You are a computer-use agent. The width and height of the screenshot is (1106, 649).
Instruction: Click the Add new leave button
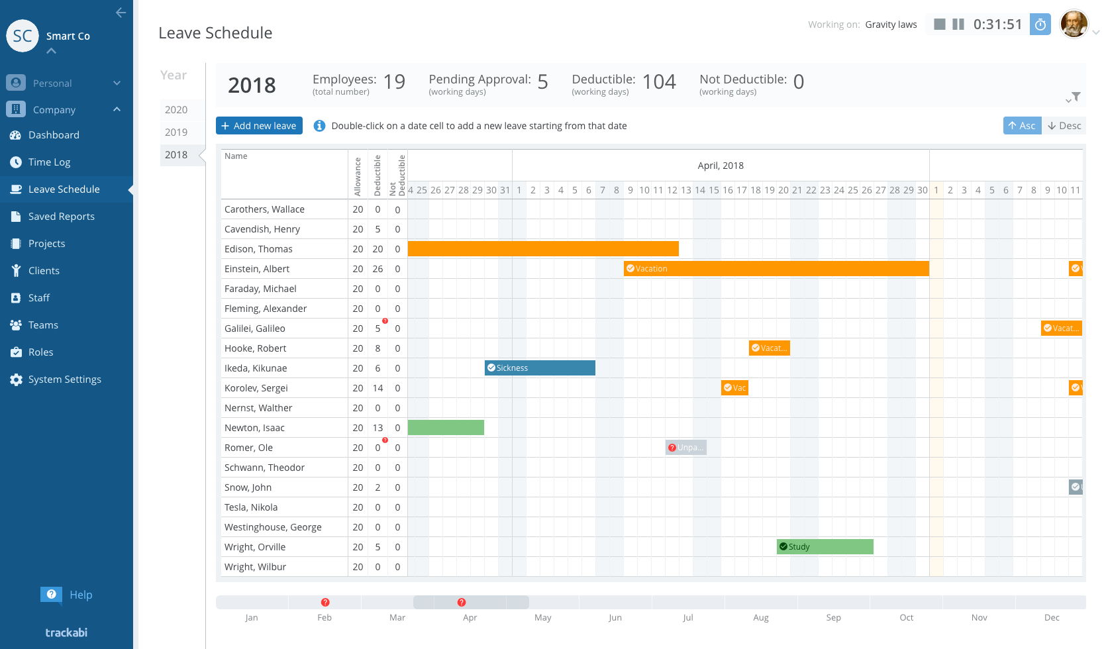259,126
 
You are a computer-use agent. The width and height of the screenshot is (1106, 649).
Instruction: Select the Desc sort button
1064,126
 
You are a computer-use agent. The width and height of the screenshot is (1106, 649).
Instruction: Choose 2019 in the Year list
176,132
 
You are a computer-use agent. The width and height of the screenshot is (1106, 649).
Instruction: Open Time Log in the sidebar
49,162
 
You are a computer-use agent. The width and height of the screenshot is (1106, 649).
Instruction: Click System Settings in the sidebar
64,379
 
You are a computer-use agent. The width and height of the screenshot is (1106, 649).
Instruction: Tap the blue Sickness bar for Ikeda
540,368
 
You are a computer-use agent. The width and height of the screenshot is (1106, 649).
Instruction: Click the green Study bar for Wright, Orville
825,547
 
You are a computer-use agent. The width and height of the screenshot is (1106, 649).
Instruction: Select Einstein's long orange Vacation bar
776,269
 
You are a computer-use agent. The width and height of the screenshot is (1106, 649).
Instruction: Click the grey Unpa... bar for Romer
686,448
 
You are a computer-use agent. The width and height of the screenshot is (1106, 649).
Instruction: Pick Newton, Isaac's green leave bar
446,428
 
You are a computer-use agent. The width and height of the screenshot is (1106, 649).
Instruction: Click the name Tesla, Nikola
251,507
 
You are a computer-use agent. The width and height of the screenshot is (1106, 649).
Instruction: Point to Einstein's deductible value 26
377,269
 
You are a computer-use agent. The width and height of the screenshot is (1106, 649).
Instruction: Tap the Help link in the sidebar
81,595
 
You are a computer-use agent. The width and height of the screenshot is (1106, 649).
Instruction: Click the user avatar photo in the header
1074,25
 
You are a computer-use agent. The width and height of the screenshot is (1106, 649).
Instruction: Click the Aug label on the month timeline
761,617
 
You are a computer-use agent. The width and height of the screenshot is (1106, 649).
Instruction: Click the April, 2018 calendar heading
721,166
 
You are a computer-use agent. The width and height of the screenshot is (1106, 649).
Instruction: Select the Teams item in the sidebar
43,325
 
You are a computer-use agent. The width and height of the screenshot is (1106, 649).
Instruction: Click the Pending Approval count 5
542,82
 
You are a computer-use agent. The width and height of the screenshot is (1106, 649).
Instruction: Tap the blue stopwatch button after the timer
1040,25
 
